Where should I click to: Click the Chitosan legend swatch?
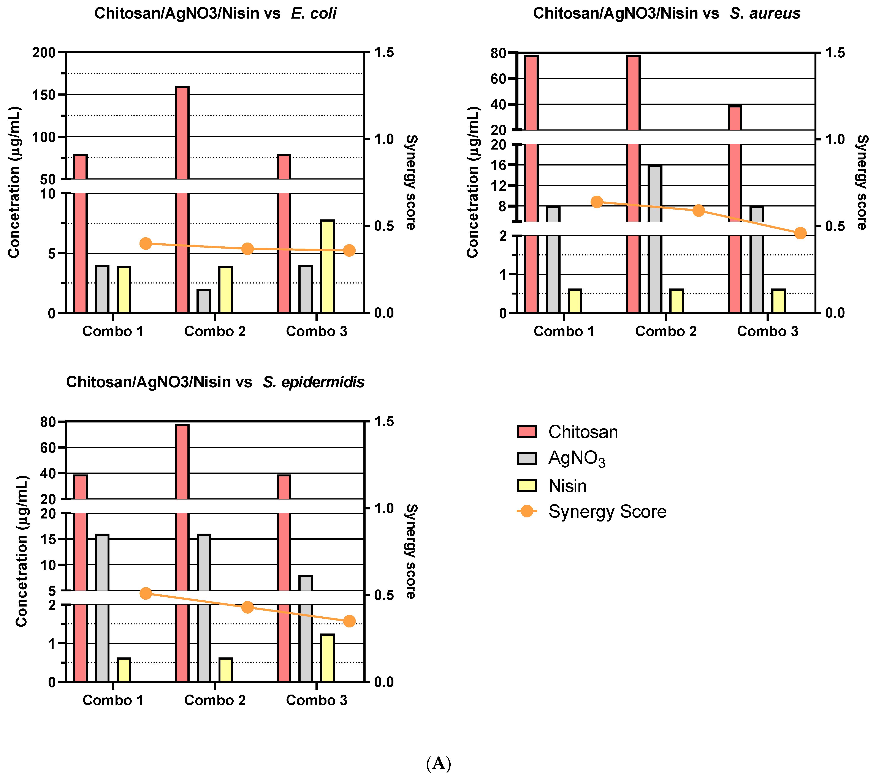(527, 432)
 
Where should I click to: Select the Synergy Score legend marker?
(527, 511)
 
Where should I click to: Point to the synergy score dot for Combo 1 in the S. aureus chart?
(596, 202)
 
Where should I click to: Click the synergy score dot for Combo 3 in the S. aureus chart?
(800, 233)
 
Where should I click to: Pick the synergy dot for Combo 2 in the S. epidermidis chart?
(247, 607)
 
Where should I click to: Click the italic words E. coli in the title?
(314, 13)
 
